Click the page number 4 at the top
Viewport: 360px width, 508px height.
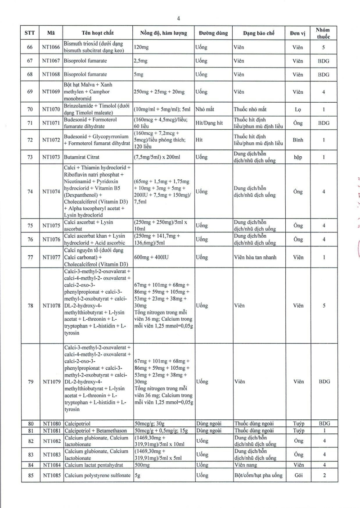(x=179, y=18)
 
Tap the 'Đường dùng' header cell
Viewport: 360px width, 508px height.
(x=213, y=33)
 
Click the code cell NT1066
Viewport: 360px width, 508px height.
(x=51, y=47)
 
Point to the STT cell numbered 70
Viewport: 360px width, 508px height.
(x=30, y=109)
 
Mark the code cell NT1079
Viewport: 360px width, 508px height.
(x=51, y=382)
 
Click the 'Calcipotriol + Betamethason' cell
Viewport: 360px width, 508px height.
(x=97, y=431)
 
